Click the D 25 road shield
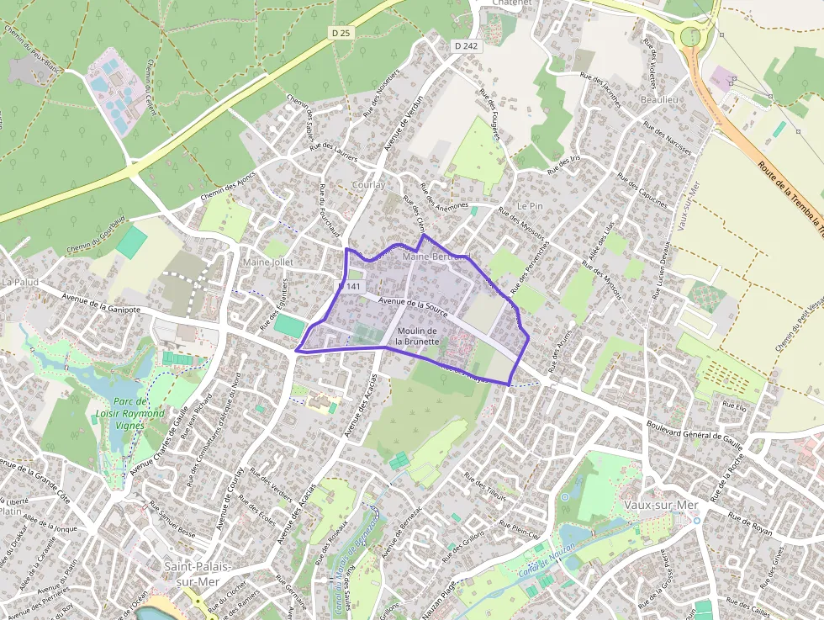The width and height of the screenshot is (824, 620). pyautogui.click(x=341, y=32)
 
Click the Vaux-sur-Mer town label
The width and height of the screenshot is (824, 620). pyautogui.click(x=661, y=504)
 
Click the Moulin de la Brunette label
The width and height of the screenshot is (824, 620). pyautogui.click(x=418, y=336)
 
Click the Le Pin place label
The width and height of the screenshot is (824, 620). pyautogui.click(x=530, y=206)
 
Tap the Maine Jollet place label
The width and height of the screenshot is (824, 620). pyautogui.click(x=267, y=262)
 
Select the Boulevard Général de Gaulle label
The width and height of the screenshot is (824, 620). pyautogui.click(x=696, y=430)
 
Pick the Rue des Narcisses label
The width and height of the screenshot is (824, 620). pyautogui.click(x=668, y=139)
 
